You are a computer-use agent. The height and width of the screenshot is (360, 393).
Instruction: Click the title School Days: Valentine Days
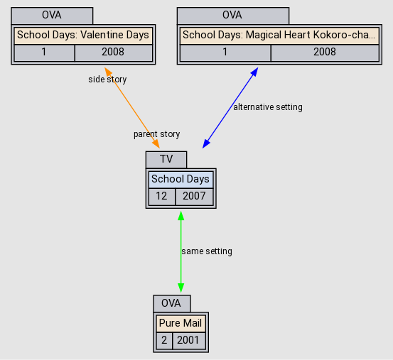click(83, 35)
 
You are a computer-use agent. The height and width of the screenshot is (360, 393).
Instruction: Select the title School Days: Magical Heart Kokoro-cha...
click(279, 35)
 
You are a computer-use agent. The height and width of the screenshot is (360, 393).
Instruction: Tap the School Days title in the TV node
click(181, 180)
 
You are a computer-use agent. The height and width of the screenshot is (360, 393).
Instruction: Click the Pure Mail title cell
click(181, 323)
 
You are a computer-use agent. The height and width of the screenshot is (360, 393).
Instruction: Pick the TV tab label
click(166, 159)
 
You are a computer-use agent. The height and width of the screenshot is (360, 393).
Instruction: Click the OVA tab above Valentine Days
click(53, 15)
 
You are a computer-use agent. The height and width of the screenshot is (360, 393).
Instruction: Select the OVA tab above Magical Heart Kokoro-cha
click(232, 15)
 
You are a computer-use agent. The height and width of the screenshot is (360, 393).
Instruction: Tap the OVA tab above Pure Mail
click(171, 303)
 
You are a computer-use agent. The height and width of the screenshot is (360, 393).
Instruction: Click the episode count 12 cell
click(161, 196)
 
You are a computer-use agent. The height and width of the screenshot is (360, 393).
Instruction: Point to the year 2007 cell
click(194, 196)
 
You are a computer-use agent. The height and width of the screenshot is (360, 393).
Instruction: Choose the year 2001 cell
click(188, 340)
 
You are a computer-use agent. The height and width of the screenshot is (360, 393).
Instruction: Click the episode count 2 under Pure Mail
click(163, 340)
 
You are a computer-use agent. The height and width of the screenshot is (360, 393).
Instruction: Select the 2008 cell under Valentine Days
click(113, 52)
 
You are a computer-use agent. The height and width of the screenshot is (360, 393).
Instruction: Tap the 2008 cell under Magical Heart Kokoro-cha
click(324, 52)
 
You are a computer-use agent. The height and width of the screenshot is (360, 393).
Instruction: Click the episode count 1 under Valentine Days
click(44, 52)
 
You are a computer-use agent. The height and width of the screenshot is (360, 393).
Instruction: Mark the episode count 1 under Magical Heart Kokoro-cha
click(225, 52)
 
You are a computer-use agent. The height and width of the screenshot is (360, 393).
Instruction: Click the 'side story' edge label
click(107, 80)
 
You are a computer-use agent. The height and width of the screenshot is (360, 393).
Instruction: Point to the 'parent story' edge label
click(156, 134)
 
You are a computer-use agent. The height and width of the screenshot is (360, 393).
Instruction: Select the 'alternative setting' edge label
click(268, 107)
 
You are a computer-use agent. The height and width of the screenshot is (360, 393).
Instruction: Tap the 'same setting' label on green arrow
click(207, 251)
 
